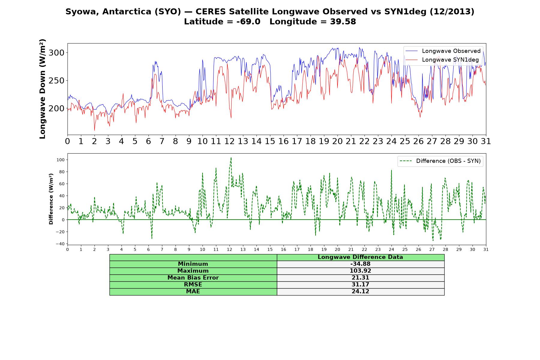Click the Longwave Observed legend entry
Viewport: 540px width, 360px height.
click(x=443, y=51)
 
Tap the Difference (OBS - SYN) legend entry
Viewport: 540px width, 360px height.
click(x=440, y=161)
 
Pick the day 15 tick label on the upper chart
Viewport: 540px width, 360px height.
click(x=270, y=141)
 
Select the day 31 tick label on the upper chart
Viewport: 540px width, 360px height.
click(x=486, y=141)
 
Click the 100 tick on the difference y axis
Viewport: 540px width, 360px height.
click(x=61, y=160)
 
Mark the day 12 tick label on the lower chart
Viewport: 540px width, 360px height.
click(x=229, y=249)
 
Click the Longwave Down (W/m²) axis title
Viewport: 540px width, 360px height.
click(x=42, y=89)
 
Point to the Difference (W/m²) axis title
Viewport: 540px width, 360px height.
click(x=51, y=199)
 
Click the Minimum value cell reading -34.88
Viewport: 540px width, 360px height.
click(x=360, y=264)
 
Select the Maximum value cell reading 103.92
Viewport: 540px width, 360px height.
click(x=360, y=271)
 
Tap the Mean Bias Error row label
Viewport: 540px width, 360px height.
click(x=193, y=278)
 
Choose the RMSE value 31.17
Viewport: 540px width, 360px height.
click(x=360, y=285)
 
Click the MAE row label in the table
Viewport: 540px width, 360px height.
click(x=193, y=292)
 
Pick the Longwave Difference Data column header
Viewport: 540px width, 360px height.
click(x=360, y=257)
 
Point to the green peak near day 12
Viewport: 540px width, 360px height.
click(x=231, y=157)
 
